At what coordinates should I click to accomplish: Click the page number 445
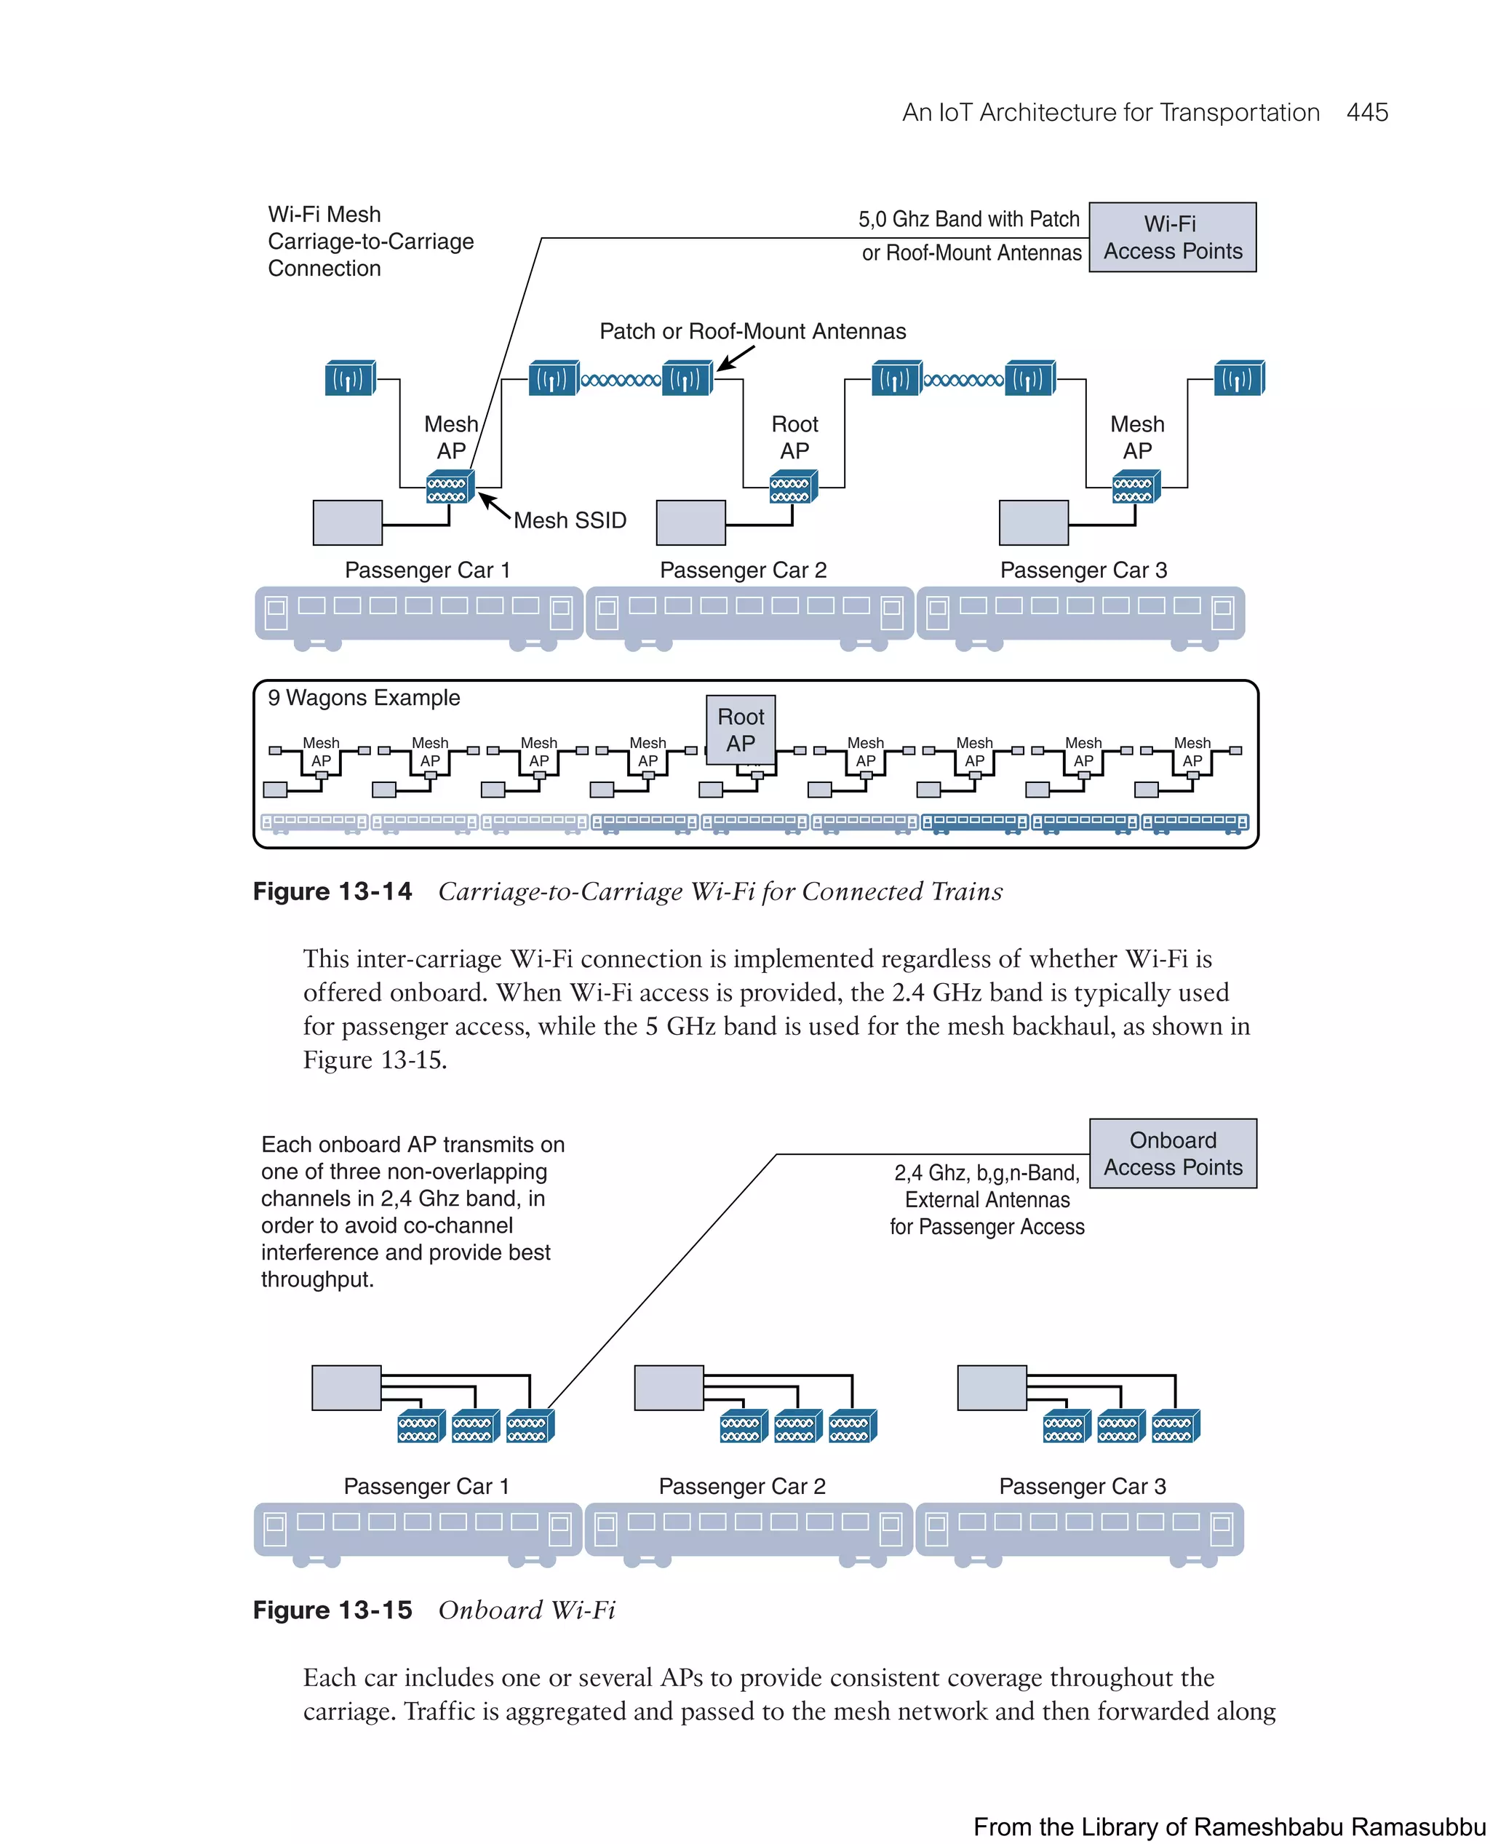[x=1366, y=113]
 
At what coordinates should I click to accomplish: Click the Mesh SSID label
[x=570, y=520]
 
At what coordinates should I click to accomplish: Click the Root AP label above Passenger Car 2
[x=794, y=437]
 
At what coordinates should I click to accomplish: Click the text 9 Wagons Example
[x=364, y=697]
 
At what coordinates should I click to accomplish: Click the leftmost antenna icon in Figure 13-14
[x=350, y=378]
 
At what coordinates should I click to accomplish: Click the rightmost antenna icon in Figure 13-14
[x=1238, y=378]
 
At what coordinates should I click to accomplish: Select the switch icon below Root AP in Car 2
[x=792, y=487]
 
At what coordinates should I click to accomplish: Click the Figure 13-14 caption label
[x=332, y=891]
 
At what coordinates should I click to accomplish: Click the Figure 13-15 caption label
[x=332, y=1610]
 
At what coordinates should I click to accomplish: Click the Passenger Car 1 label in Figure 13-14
[x=426, y=570]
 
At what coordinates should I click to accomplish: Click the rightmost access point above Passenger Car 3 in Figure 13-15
[x=1175, y=1426]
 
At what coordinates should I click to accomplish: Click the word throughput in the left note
[x=316, y=1279]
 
